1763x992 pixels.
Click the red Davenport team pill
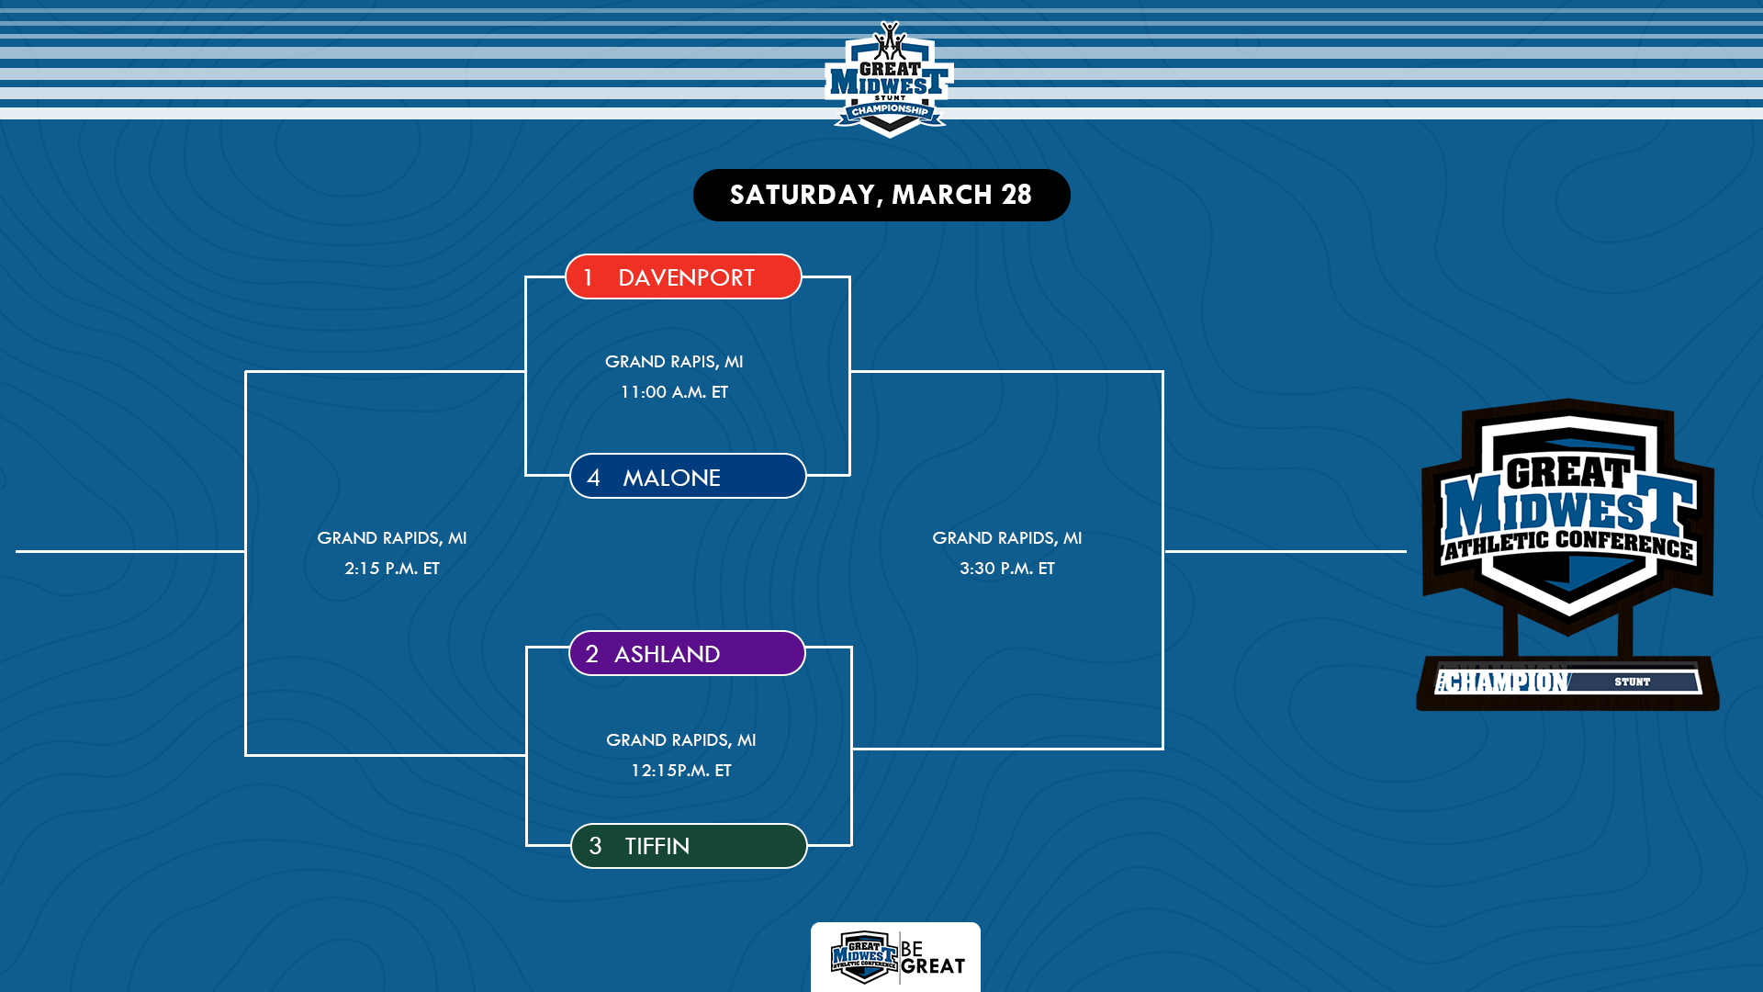pyautogui.click(x=683, y=276)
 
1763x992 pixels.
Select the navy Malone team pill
pyautogui.click(x=688, y=477)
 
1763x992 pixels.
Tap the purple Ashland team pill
pyautogui.click(x=687, y=653)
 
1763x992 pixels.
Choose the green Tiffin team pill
pyautogui.click(x=689, y=846)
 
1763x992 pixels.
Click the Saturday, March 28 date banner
pyautogui.click(x=881, y=195)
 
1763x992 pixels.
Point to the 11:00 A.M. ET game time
pyautogui.click(x=674, y=392)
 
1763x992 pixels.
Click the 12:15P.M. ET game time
pyautogui.click(x=680, y=771)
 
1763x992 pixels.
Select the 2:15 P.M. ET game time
pyautogui.click(x=392, y=569)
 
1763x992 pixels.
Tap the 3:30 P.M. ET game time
pyautogui.click(x=1007, y=569)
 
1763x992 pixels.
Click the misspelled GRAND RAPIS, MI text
pyautogui.click(x=674, y=362)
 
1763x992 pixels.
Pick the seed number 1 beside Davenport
pyautogui.click(x=588, y=277)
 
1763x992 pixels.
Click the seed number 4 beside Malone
pyautogui.click(x=593, y=478)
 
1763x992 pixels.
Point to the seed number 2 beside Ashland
pyautogui.click(x=591, y=654)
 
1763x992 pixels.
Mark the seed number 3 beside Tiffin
pyautogui.click(x=595, y=846)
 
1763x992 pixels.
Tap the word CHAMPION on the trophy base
pyautogui.click(x=1504, y=682)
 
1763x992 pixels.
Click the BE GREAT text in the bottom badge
pyautogui.click(x=932, y=958)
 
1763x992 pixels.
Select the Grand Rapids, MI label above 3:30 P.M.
pyautogui.click(x=1007, y=538)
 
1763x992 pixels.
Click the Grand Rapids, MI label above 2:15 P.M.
pyautogui.click(x=392, y=538)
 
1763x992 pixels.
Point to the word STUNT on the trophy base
pyautogui.click(x=1632, y=682)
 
